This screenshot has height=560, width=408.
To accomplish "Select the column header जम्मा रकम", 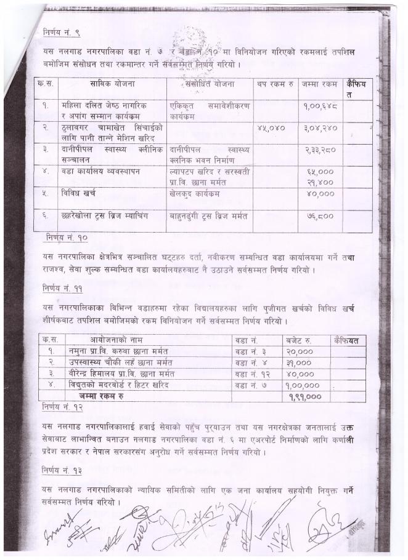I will pos(319,84).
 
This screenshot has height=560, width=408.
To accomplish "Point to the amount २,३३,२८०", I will pos(319,150).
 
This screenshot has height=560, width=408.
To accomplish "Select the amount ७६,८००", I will pos(319,216).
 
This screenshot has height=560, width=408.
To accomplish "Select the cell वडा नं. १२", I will pos(251,374).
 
